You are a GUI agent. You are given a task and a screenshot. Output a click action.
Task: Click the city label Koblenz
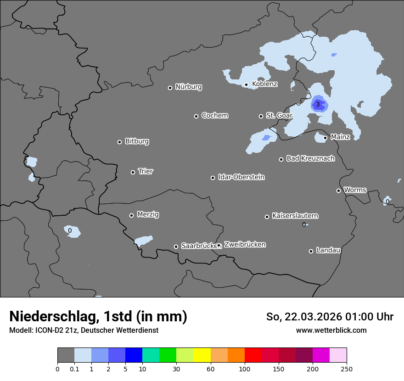click(x=264, y=84)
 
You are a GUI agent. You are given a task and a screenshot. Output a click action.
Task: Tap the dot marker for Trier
click(x=133, y=172)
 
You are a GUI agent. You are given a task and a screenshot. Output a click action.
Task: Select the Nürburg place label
click(x=188, y=87)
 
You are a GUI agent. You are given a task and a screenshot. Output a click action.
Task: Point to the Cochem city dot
click(x=196, y=116)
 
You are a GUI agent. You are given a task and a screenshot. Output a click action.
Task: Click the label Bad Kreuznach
click(x=310, y=158)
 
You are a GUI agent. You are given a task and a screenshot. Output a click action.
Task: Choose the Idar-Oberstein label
click(x=241, y=177)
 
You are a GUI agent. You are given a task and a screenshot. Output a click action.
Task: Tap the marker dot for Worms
click(x=338, y=190)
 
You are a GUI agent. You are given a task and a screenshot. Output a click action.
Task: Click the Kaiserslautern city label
click(x=295, y=216)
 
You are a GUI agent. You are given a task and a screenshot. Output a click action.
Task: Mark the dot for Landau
click(x=311, y=251)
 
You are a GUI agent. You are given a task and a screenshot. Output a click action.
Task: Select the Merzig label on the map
click(x=148, y=214)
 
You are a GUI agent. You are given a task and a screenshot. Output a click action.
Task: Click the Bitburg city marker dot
click(x=119, y=142)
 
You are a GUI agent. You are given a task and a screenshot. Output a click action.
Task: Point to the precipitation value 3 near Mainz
click(x=318, y=105)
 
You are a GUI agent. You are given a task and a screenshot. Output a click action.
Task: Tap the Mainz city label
click(x=340, y=137)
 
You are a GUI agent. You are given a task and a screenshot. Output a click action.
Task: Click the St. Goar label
click(x=279, y=115)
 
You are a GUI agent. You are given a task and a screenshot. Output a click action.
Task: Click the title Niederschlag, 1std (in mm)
click(x=98, y=316)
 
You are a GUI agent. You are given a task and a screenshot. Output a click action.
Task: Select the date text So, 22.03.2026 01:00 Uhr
click(x=330, y=317)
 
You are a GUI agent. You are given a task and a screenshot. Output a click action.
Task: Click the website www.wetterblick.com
click(x=331, y=330)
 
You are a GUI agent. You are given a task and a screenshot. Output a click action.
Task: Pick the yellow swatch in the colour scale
click(x=202, y=355)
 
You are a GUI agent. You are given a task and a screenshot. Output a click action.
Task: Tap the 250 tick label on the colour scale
click(x=346, y=369)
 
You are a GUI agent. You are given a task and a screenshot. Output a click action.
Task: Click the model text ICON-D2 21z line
click(x=84, y=330)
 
